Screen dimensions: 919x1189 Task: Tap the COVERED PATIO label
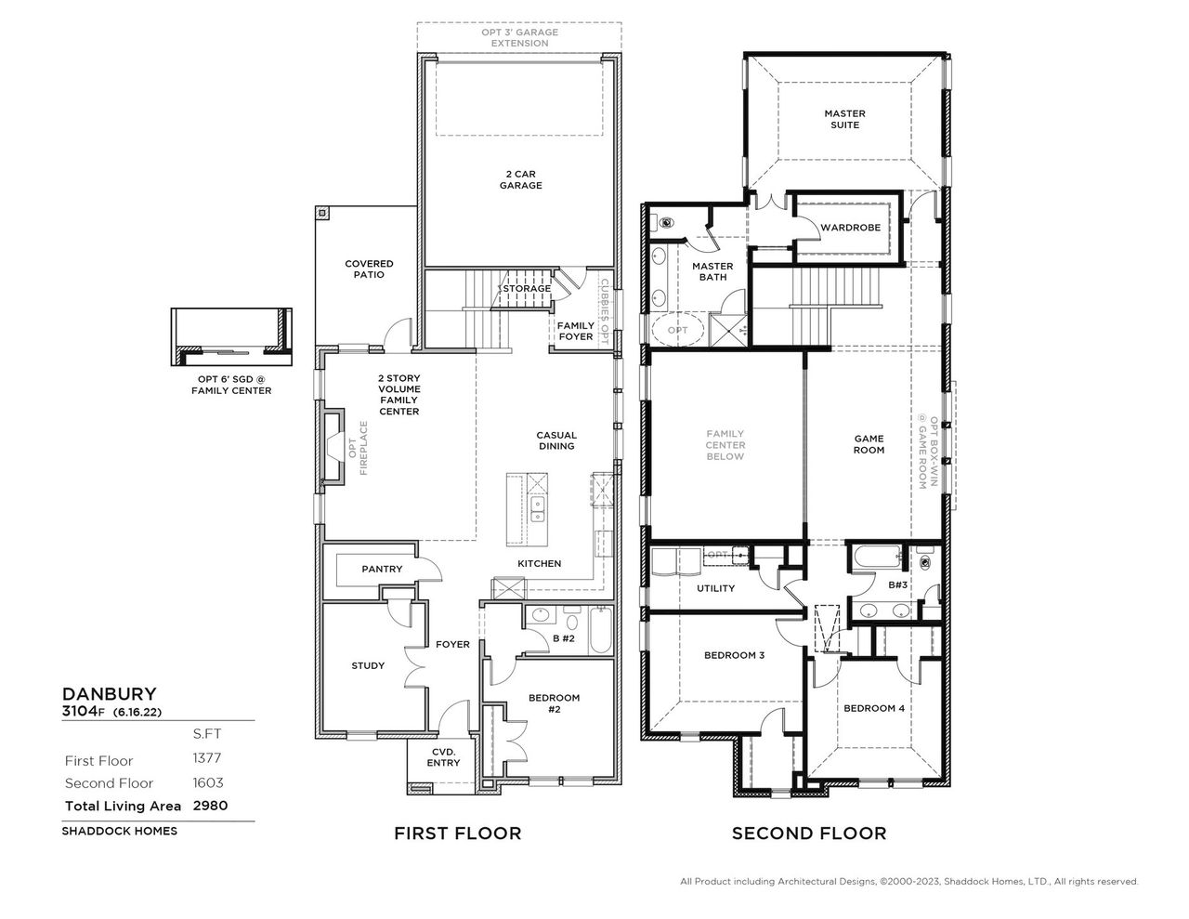coord(369,269)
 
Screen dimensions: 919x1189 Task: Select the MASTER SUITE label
coord(844,119)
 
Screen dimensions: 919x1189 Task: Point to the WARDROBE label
coord(850,228)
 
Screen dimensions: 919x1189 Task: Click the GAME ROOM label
coord(869,444)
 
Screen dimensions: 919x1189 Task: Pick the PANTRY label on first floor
coord(382,569)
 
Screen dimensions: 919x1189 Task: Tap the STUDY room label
coord(368,665)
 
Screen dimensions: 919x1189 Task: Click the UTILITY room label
coord(715,588)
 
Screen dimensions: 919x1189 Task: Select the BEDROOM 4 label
coord(873,708)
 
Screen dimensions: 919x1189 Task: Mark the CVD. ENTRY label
coord(443,757)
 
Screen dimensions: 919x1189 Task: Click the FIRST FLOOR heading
coord(458,834)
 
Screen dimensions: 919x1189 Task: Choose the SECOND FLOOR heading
coord(809,834)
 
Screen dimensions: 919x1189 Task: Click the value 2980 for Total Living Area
coord(210,806)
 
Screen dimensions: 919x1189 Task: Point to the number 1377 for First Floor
coord(208,760)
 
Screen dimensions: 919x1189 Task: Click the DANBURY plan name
coord(109,693)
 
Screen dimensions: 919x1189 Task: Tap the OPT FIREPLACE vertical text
coord(358,449)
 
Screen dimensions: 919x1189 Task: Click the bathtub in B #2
coord(598,631)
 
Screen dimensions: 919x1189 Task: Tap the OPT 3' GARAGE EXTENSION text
coord(520,37)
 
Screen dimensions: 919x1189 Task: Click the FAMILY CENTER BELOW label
coord(725,445)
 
